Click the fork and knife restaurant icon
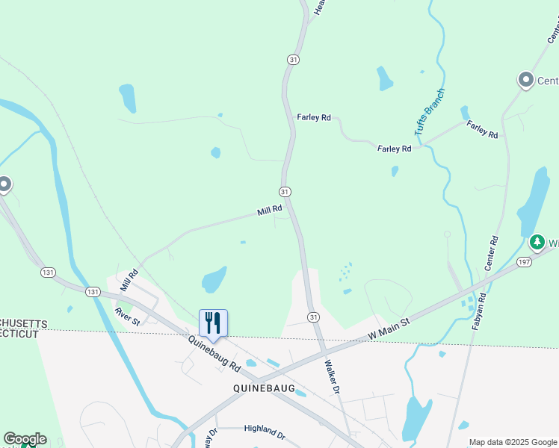pos(213,323)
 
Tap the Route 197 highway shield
pos(522,261)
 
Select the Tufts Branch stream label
pos(430,112)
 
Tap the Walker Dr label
pos(333,377)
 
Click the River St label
pos(127,316)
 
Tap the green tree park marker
pos(537,243)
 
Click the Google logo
pos(24,439)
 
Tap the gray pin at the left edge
pos(4,184)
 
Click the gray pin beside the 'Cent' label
pos(525,80)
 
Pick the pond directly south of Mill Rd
pos(214,280)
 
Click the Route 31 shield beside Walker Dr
pos(313,317)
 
